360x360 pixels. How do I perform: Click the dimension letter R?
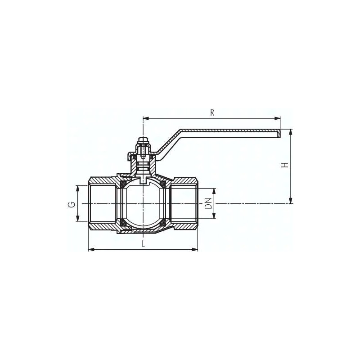pos(212,112)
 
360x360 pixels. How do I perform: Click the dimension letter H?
pos(285,165)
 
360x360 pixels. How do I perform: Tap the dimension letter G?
pos(72,204)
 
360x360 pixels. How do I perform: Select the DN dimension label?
pos(208,203)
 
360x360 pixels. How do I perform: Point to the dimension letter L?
pos(144,244)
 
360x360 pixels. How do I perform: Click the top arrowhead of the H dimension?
pos(291,132)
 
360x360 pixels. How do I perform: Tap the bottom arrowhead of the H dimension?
pos(291,200)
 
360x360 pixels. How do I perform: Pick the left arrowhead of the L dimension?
pos(92,250)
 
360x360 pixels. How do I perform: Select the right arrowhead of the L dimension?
pos(195,250)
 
